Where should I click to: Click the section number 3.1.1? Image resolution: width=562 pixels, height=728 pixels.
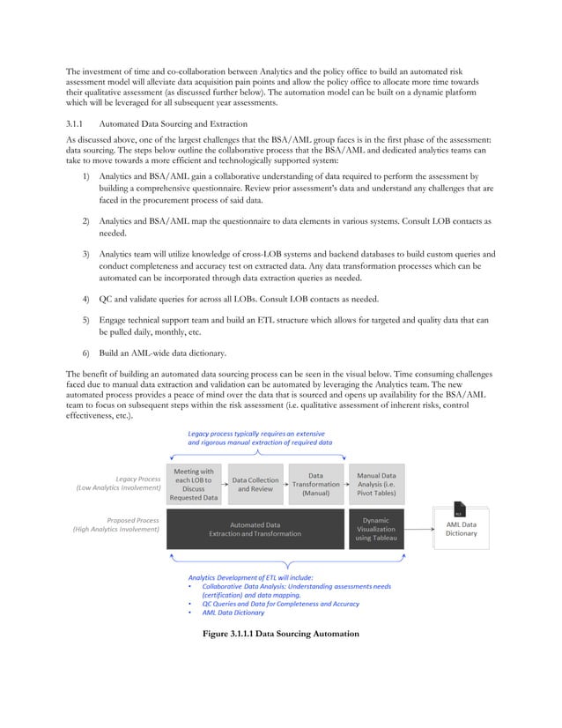[78, 123]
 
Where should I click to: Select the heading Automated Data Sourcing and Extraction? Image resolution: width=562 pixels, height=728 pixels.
[173, 123]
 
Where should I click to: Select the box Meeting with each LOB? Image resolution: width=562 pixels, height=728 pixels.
[194, 484]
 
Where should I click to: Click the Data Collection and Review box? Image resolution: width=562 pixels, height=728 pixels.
[255, 484]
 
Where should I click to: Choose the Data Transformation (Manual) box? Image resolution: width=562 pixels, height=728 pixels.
[315, 484]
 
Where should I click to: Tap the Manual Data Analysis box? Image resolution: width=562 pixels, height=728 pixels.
[376, 484]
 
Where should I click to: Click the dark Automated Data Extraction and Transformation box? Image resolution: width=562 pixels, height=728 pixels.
[255, 529]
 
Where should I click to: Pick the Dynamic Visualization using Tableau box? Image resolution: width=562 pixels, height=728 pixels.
[376, 529]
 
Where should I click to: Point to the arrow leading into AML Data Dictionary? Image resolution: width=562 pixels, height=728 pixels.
[420, 529]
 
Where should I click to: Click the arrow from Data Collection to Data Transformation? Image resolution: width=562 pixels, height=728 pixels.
[287, 484]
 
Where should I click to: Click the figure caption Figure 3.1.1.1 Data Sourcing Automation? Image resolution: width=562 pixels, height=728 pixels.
[280, 634]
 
